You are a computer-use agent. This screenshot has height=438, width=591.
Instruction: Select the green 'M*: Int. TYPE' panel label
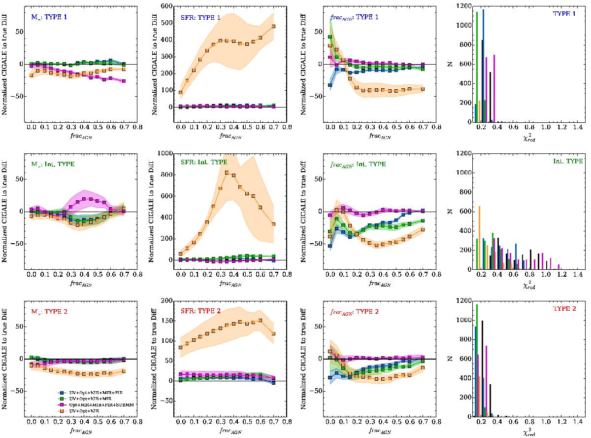coord(52,164)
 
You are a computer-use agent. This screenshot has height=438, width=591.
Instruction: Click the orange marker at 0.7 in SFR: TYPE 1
coord(273,27)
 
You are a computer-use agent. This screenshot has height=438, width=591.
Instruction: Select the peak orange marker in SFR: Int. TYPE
coord(227,173)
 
